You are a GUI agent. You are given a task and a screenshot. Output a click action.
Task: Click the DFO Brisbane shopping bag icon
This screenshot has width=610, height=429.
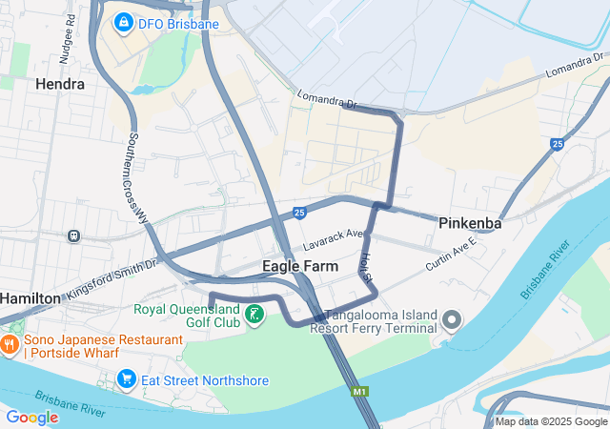(x=123, y=22)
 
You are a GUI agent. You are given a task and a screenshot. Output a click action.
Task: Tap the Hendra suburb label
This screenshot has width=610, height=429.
(x=59, y=84)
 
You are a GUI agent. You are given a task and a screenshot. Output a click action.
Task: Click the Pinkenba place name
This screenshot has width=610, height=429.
(x=471, y=223)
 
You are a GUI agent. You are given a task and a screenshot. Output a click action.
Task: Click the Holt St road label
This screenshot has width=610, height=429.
(x=366, y=266)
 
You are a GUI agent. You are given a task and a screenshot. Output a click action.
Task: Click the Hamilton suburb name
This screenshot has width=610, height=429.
(x=30, y=298)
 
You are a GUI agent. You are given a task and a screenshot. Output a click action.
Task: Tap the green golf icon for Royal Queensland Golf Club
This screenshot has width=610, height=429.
(x=254, y=315)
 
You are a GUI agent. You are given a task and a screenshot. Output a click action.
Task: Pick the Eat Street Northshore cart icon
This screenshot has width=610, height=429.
(x=125, y=380)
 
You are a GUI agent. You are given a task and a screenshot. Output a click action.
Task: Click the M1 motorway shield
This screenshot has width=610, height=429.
(x=359, y=392)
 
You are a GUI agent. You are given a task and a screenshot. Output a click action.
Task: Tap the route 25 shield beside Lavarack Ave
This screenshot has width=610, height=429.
(x=299, y=213)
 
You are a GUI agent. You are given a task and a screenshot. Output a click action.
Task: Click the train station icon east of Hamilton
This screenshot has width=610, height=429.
(x=73, y=235)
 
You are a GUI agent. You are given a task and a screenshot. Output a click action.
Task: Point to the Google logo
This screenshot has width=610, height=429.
(x=32, y=418)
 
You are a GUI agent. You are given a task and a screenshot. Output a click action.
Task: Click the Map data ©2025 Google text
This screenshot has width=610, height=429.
(x=551, y=421)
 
